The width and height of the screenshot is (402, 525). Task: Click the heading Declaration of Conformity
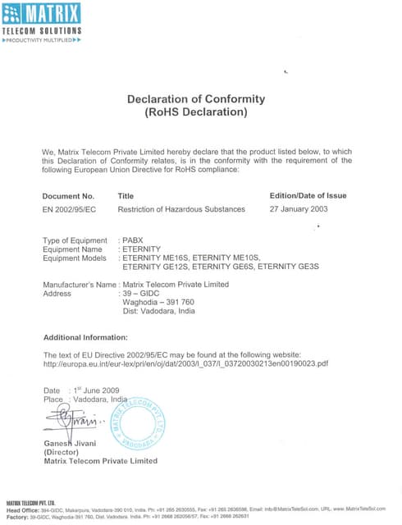195,99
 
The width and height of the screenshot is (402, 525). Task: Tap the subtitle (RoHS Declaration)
195,112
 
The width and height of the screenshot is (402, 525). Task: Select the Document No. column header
69,196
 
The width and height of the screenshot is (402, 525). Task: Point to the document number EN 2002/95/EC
69,209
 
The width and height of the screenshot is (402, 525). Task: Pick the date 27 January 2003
299,209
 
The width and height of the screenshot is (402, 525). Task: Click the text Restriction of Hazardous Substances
181,209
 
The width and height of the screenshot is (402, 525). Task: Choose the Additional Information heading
85,338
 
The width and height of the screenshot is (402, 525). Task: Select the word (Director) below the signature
62,452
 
